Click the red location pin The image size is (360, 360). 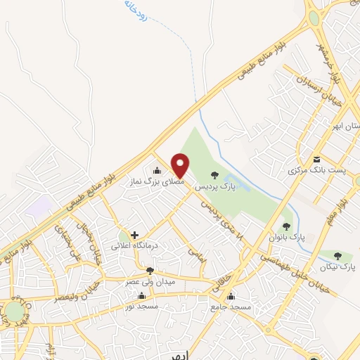[x=181, y=165]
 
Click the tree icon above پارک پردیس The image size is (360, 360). [x=214, y=175]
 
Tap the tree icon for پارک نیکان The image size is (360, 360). [x=337, y=257]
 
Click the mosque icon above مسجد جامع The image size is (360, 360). [x=231, y=296]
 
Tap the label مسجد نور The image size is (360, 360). [x=142, y=307]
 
